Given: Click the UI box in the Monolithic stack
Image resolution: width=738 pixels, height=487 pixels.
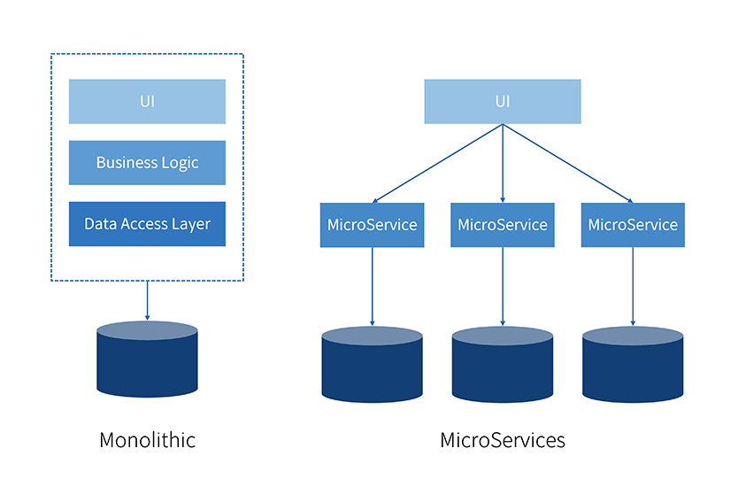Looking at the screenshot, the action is coord(147,101).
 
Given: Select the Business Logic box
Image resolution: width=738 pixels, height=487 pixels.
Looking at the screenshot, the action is coord(147,163).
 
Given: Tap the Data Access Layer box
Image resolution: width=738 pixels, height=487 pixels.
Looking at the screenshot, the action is coord(147,224).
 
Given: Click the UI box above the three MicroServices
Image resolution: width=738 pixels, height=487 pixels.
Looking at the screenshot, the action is coord(503,101).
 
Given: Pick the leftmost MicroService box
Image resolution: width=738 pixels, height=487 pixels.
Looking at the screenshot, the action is coord(372,225).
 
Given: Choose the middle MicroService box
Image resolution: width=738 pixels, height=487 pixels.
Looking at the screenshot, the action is coord(503,225).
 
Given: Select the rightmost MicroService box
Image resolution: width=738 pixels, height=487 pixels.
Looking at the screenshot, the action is coord(633,225).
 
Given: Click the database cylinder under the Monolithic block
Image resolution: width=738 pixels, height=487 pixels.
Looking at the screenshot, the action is coord(147,359).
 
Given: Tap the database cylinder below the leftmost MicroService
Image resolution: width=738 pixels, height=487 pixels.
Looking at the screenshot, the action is coord(372,364).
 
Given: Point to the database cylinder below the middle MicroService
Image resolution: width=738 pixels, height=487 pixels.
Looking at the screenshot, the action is coord(503,364).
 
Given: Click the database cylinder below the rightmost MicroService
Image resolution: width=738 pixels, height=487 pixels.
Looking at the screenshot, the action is coord(633,364).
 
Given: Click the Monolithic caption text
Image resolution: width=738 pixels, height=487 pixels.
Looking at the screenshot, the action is coord(147,440).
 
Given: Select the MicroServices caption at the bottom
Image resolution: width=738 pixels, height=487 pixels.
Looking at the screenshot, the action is coord(503,440).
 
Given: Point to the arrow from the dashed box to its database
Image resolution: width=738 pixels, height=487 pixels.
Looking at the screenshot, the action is coord(147,300).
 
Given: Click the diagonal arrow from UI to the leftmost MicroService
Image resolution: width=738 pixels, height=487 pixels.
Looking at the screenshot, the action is coord(437,164).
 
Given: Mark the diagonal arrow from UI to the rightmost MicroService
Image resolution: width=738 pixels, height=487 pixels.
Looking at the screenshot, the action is coord(567,164).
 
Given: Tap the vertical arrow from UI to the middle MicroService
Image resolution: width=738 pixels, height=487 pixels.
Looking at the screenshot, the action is coord(503,164).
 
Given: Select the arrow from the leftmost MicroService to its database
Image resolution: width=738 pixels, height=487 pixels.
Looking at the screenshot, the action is coord(372,286).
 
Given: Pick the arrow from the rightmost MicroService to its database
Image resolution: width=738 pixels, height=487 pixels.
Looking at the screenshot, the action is coord(633,286).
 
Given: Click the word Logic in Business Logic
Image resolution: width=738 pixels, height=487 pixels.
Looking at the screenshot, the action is coord(180,163).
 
